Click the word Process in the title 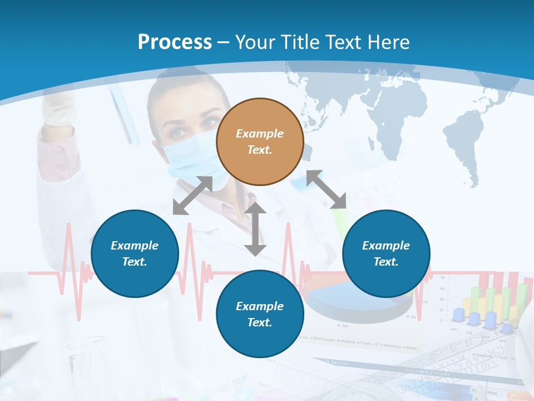[x=175, y=42]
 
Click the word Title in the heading [x=298, y=42]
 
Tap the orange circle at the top [x=260, y=141]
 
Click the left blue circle [x=135, y=253]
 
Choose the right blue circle [x=386, y=253]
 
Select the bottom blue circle [x=260, y=314]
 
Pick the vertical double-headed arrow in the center [x=255, y=229]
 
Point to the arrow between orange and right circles [x=327, y=189]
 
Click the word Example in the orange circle [x=260, y=134]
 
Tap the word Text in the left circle [x=135, y=262]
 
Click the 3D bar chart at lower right [x=489, y=306]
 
